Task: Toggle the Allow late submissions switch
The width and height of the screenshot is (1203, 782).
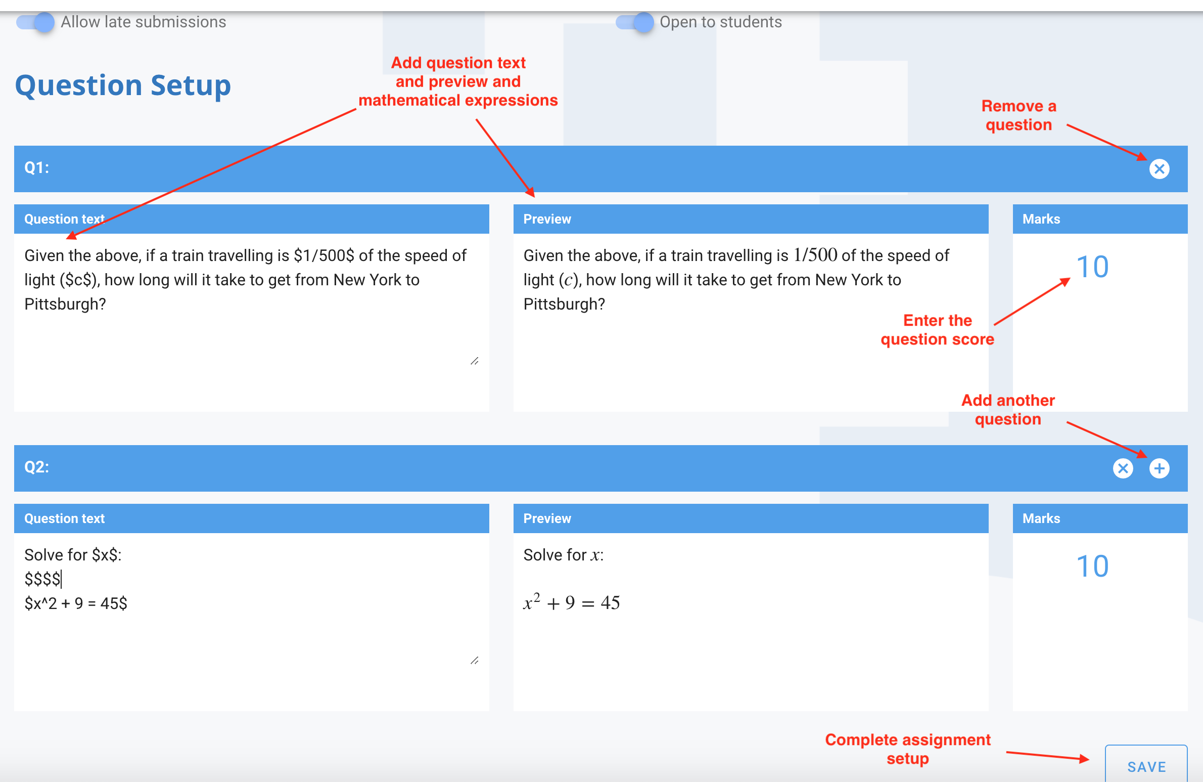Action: tap(35, 22)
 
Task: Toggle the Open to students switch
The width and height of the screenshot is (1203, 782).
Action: tap(635, 22)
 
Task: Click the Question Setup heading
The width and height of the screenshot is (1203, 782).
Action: tap(123, 85)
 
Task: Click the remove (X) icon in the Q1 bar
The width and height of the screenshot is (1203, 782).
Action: tap(1159, 169)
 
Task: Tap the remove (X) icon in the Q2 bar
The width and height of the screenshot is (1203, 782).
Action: tap(1123, 468)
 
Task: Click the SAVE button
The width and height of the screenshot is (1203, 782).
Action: tap(1146, 766)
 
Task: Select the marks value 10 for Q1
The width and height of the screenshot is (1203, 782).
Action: tap(1092, 267)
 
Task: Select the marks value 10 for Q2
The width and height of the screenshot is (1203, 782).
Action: tap(1092, 566)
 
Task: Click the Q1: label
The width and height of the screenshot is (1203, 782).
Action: tap(37, 168)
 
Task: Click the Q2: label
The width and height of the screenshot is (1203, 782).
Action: tap(37, 467)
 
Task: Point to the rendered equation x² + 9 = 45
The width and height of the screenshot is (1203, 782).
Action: tap(572, 602)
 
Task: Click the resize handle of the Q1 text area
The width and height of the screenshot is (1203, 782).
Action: tap(474, 361)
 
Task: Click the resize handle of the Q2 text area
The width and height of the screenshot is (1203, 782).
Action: tap(474, 661)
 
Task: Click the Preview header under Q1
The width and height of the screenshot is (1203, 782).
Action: tap(547, 219)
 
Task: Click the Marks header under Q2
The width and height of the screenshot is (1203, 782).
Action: tap(1041, 518)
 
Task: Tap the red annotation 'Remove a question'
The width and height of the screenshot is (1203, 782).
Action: tap(1019, 115)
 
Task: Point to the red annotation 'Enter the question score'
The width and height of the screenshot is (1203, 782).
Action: tap(937, 330)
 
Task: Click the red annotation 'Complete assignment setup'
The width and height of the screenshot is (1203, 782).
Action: tap(908, 749)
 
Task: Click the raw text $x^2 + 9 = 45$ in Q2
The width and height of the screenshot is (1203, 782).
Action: tap(76, 603)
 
